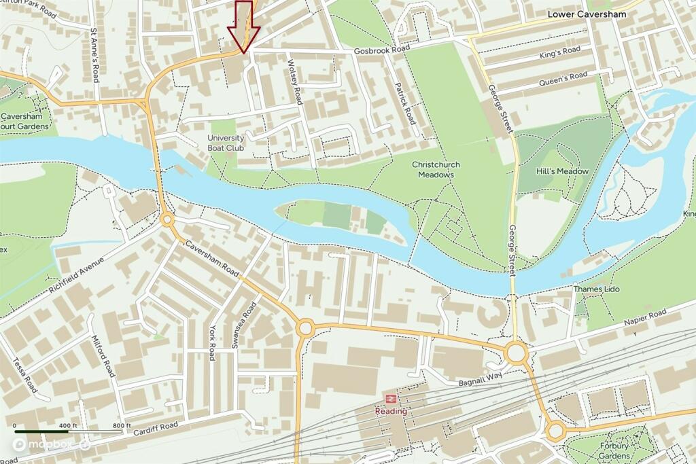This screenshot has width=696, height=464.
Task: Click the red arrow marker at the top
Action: tap(243, 25)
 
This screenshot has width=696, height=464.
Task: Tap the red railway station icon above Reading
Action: tap(391, 399)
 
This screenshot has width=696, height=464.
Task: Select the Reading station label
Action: tap(391, 411)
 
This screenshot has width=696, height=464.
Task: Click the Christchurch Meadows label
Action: tap(436, 170)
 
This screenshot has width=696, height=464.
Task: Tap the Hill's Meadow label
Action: tap(562, 171)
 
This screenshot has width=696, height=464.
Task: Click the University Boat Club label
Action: tap(226, 142)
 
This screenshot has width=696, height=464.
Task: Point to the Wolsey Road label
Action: tap(294, 81)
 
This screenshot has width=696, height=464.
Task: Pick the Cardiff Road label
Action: tap(155, 429)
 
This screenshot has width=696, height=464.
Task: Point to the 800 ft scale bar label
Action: tap(122, 425)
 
